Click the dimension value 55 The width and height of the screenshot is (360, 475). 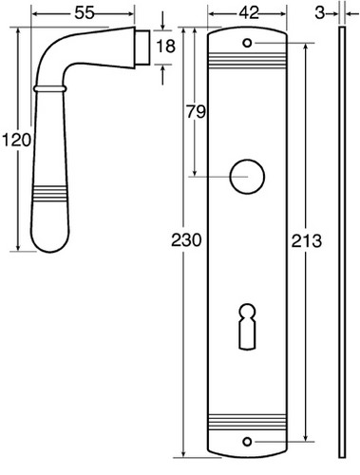[85, 13]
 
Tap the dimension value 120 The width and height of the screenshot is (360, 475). [16, 140]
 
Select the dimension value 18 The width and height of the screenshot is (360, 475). [165, 47]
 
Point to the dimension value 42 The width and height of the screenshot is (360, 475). [249, 13]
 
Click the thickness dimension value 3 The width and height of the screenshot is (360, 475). [320, 13]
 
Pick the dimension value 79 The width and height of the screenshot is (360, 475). [196, 111]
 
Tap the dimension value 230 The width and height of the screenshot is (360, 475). [186, 240]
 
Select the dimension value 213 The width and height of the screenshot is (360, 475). [306, 240]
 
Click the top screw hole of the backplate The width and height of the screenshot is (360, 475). [247, 43]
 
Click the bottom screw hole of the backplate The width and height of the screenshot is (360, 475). [247, 442]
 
